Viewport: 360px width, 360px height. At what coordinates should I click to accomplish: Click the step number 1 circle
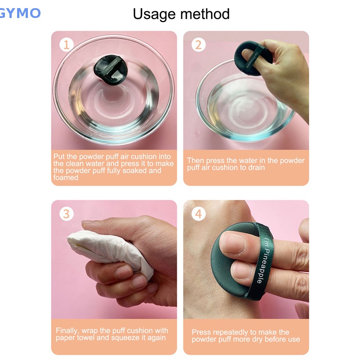67,45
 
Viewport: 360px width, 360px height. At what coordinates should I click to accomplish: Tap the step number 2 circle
199,45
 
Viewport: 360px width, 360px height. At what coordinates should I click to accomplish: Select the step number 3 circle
67,213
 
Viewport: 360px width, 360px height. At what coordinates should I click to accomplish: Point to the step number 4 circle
199,213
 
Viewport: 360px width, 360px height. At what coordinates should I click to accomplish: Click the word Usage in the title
153,14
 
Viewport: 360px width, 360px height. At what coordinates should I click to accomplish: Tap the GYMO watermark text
20,13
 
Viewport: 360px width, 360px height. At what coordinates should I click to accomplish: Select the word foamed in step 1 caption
66,178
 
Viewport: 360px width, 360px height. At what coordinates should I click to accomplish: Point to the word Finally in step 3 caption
67,330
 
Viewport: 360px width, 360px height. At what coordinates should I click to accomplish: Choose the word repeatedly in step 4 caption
234,332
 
